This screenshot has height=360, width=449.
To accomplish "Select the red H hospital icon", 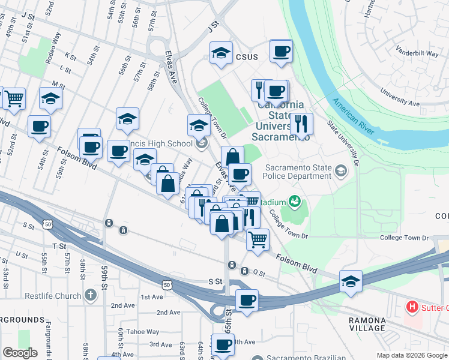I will (412, 308).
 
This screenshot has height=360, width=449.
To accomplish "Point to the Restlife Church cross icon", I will (90, 295).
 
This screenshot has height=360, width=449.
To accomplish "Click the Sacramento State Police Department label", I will (298, 172).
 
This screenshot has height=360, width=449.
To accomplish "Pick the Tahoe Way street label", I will (143, 332).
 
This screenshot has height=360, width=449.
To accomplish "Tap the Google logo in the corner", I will (20, 352).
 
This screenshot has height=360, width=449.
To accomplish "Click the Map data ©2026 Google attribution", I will (412, 355).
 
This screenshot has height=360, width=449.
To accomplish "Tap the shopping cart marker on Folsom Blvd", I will (258, 238).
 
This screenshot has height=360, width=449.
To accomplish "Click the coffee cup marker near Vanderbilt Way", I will (281, 51).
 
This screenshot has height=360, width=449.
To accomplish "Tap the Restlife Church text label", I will (53, 296).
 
